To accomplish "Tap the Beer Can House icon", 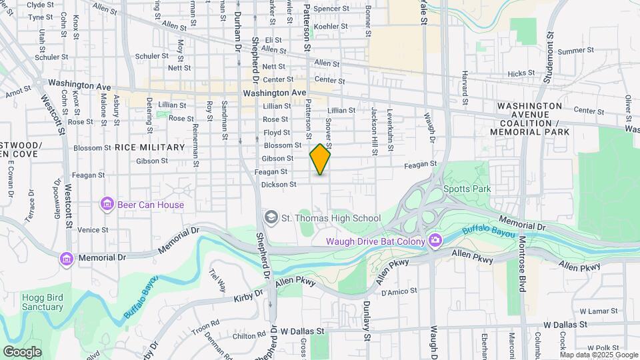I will pyautogui.click(x=106, y=203).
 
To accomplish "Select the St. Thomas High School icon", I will pyautogui.click(x=271, y=217).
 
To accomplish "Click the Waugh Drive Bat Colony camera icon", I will pyautogui.click(x=435, y=239).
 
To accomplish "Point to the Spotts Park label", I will pyautogui.click(x=467, y=189).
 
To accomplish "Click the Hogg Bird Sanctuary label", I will pyautogui.click(x=42, y=302).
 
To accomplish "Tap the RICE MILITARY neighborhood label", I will pyautogui.click(x=149, y=147).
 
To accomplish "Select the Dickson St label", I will pyautogui.click(x=278, y=185).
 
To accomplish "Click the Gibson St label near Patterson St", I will pyautogui.click(x=277, y=159).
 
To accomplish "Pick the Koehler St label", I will pyautogui.click(x=327, y=26).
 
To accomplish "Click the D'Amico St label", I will pyautogui.click(x=399, y=291).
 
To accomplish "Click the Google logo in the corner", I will pyautogui.click(x=22, y=351).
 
